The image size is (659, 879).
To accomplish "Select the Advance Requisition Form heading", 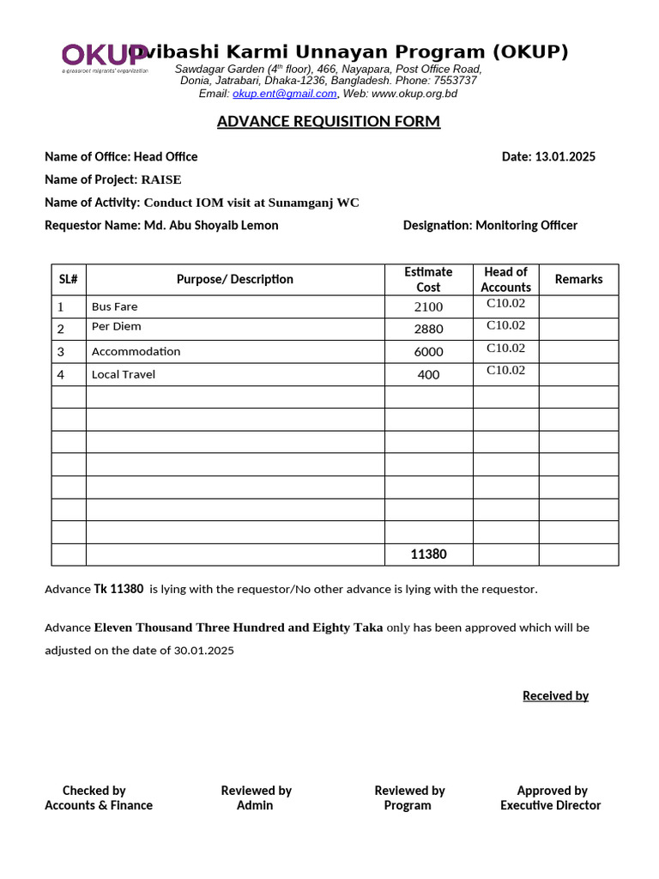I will click(x=329, y=121).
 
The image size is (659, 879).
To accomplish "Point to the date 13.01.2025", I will click(x=565, y=156).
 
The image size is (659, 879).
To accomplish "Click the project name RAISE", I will click(x=161, y=179).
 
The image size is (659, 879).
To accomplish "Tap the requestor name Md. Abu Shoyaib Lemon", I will click(x=211, y=225).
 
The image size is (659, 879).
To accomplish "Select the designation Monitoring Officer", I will click(x=526, y=225).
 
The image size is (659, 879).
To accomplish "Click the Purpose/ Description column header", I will click(x=235, y=279).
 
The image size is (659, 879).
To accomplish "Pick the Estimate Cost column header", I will click(x=428, y=279).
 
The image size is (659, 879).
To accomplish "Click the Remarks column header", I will click(x=578, y=279).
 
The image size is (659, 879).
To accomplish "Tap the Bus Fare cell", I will click(x=115, y=306).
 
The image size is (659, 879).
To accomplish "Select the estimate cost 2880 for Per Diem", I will click(x=428, y=329).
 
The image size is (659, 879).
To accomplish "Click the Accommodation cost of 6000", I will click(x=428, y=352).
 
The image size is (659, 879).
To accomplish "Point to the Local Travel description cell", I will click(x=124, y=374).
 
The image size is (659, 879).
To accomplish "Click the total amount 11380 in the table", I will click(x=428, y=555).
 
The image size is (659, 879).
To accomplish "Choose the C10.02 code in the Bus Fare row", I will click(x=505, y=303).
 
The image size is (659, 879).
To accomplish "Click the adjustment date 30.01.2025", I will click(x=204, y=650).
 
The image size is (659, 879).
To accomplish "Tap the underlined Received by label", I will click(x=555, y=695).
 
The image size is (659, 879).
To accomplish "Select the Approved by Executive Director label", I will click(x=551, y=797).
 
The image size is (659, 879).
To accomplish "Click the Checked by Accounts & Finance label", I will click(x=99, y=797).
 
